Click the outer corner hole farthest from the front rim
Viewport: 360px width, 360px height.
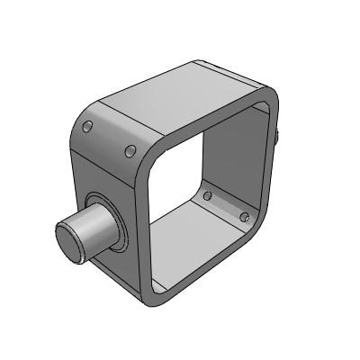pyautogui.click(x=88, y=126)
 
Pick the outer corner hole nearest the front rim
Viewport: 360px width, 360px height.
pyautogui.click(x=130, y=149)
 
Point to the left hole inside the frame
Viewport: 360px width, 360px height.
pyautogui.click(x=208, y=195)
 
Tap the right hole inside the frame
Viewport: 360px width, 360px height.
pyautogui.click(x=243, y=216)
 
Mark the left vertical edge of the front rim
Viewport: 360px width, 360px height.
pyautogui.click(x=142, y=225)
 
